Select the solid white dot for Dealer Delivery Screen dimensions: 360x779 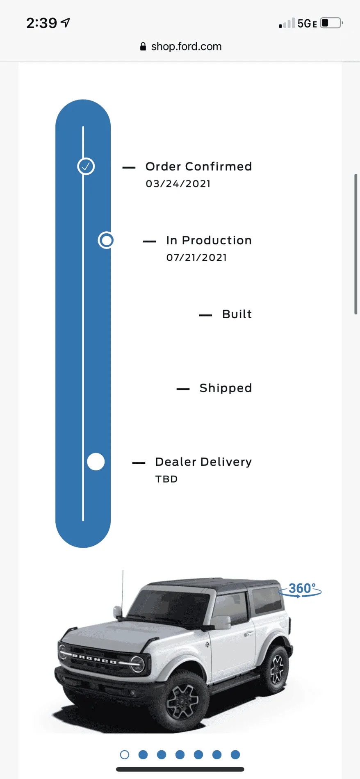coord(96,462)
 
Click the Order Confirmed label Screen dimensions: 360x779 coord(198,166)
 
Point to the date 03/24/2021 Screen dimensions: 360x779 coord(178,184)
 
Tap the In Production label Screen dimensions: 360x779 coord(209,240)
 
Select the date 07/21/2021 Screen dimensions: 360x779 coord(196,257)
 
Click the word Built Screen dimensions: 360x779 coord(237,314)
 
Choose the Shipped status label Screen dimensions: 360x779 coord(226,388)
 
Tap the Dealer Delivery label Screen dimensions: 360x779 coord(203,462)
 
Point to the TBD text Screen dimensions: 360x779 coord(166,479)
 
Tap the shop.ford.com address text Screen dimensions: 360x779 coord(186,46)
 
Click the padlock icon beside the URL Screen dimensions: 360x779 coord(143,46)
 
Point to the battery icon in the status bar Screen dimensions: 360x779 coord(331,23)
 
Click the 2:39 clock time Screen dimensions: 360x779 coord(42,23)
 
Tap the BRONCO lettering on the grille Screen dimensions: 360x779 coord(94,659)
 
